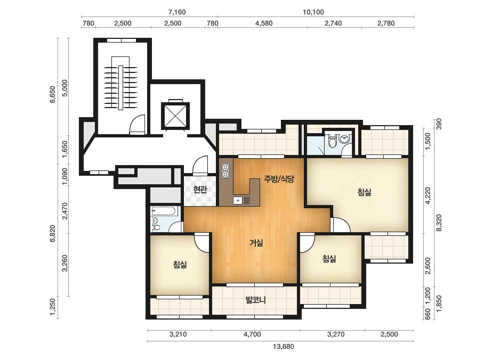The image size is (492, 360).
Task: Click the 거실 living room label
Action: [256, 242]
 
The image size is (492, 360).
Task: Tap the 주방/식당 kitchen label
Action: [279, 179]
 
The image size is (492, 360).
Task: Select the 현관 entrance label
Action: [200, 190]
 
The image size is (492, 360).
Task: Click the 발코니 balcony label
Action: [255, 300]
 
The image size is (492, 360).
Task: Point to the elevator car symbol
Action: [175, 116]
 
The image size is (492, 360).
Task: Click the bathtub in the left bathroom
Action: [164, 211]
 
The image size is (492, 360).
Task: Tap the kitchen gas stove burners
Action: [225, 170]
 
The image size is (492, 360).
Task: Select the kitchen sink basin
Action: [238, 200]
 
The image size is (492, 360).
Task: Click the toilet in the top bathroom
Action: [333, 141]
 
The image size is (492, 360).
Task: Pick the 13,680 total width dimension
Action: [284, 347]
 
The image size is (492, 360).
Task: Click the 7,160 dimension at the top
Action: [177, 12]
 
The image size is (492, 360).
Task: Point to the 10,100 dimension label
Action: [313, 12]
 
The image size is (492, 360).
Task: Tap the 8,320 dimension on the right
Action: [439, 223]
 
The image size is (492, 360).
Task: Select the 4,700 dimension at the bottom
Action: [252, 334]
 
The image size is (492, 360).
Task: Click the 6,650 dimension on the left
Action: [52, 94]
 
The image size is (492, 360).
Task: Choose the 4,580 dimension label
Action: [264, 23]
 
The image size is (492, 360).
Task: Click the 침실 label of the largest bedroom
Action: [364, 192]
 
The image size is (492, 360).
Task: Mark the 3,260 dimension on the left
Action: [64, 264]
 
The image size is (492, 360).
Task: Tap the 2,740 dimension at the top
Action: [333, 23]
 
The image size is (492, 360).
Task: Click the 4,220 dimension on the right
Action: [428, 195]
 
